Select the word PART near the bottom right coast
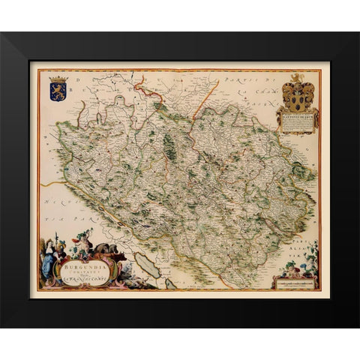(x=308, y=225)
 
